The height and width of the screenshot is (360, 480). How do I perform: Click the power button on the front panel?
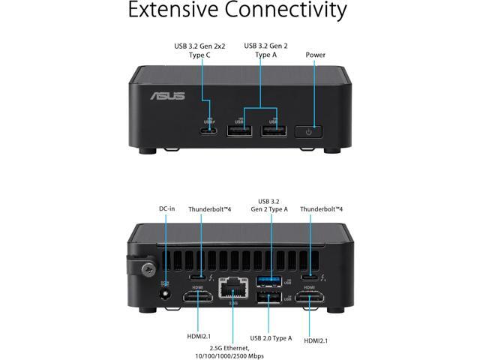310,131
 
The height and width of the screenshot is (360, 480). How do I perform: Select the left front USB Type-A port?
240,130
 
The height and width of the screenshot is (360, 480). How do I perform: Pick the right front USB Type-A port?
273,130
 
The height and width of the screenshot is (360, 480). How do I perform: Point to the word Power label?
316,55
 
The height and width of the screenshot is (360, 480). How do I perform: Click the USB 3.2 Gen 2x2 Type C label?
200,50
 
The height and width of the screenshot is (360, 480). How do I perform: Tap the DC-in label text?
166,208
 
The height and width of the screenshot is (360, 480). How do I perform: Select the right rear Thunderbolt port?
308,276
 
